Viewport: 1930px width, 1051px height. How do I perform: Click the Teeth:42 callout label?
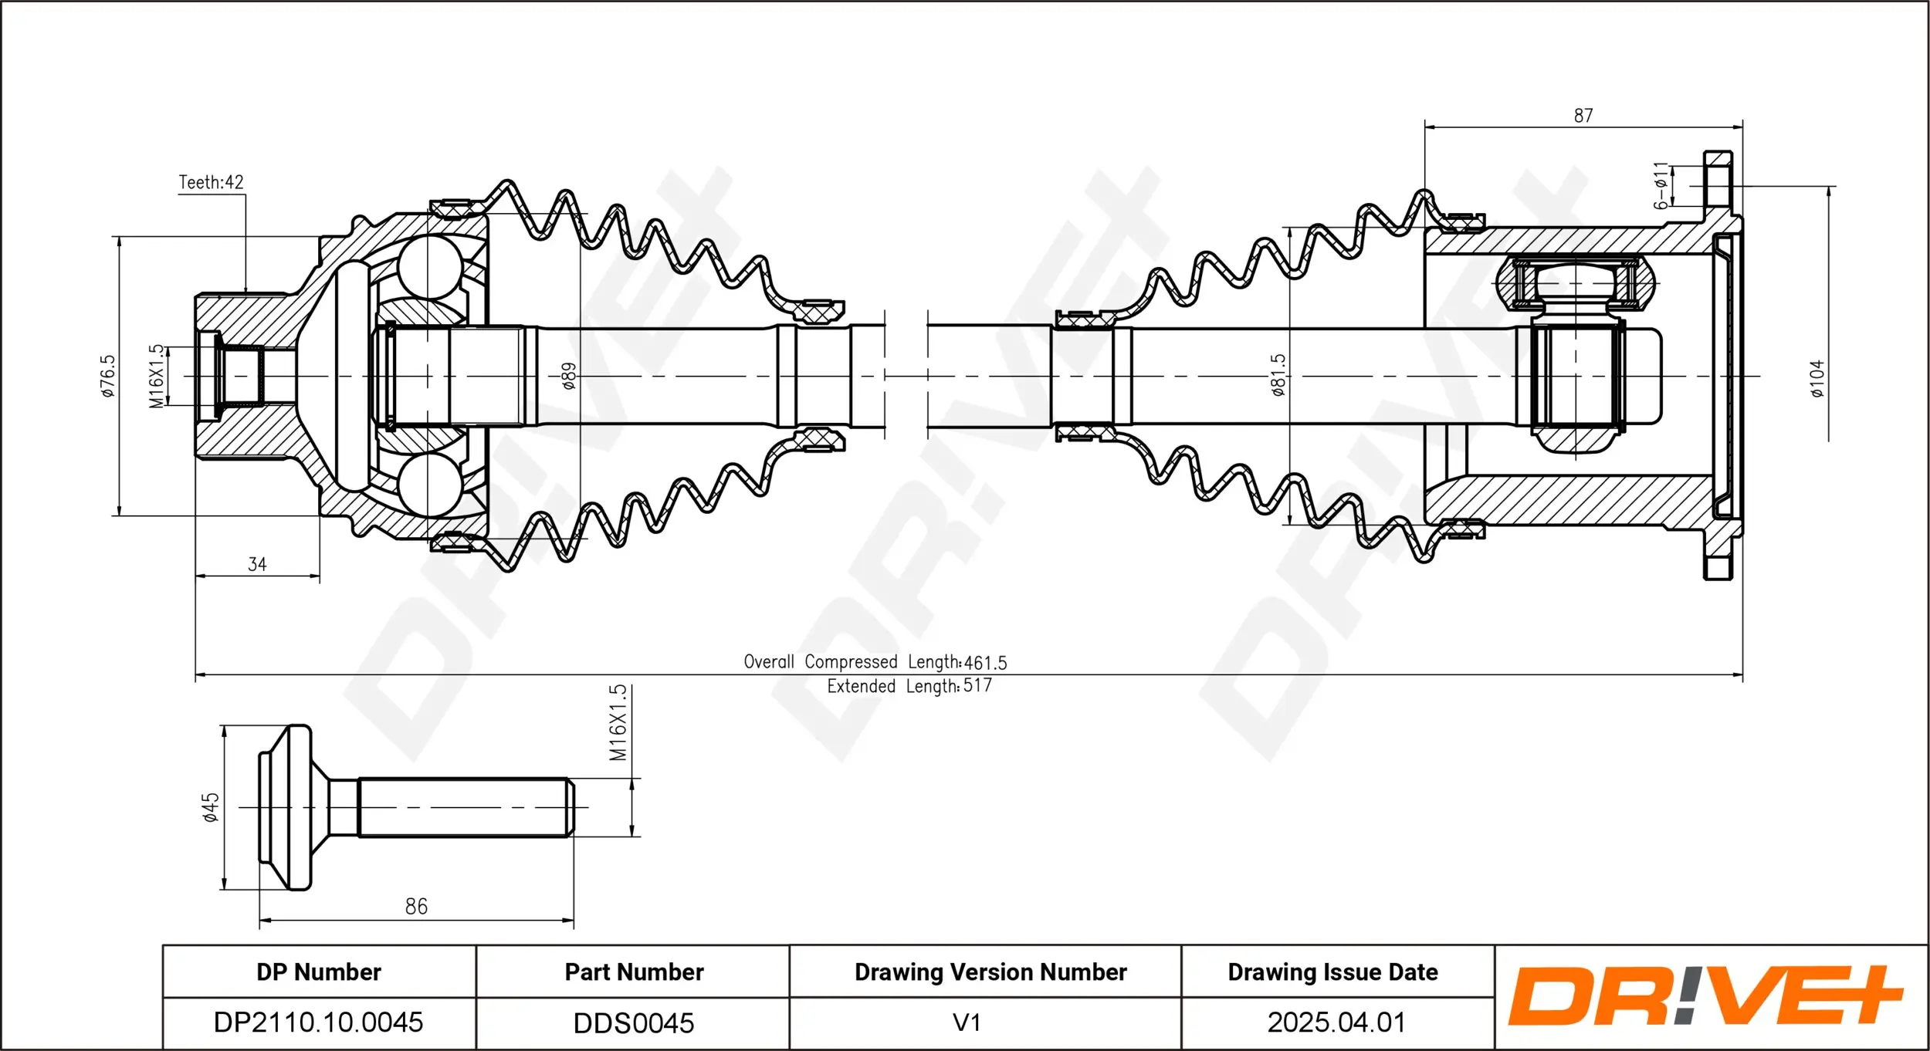pos(211,182)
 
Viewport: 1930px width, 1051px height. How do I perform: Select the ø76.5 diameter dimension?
pos(108,376)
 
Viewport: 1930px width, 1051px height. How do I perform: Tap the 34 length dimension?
pos(257,564)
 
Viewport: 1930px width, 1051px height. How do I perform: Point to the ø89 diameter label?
pos(568,376)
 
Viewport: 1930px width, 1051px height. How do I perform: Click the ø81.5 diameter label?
pos(1278,375)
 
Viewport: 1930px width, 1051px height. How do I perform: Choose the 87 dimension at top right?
pos(1583,116)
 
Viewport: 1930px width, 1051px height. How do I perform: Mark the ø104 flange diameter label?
pos(1817,378)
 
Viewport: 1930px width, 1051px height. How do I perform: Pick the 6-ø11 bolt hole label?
pos(1661,186)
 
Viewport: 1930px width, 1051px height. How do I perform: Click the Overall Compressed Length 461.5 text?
pos(875,662)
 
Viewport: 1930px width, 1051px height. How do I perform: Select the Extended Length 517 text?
pos(909,686)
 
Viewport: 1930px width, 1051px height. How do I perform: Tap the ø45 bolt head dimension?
pos(211,807)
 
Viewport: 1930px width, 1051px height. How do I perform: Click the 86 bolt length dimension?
pos(416,907)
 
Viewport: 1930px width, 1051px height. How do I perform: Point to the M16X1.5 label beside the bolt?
pos(618,723)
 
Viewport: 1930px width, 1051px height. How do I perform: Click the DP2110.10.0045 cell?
pos(318,1022)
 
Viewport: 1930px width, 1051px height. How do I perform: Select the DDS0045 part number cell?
pos(633,1023)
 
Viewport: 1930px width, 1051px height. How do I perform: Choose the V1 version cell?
pos(967,1022)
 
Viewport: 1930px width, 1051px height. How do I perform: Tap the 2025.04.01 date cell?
pos(1336,1022)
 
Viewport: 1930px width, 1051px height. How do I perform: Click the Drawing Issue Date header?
pos(1332,972)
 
